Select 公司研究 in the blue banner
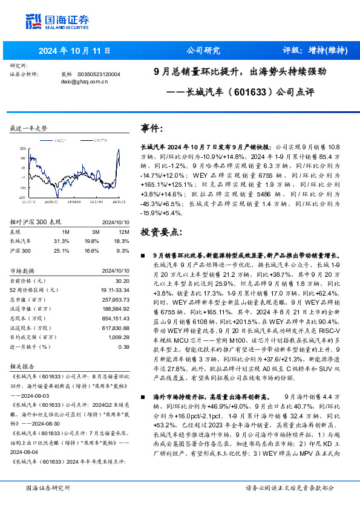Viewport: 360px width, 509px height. click(202, 50)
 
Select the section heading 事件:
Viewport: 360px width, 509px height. click(151, 129)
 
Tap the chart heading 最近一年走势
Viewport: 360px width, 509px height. click(28, 129)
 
